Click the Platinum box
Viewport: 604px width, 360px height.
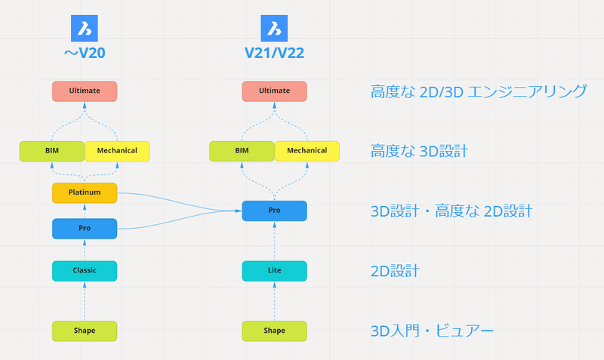pos(85,193)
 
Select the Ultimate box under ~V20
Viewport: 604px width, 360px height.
pos(85,91)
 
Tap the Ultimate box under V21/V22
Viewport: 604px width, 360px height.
pos(274,91)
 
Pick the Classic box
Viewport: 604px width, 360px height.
pos(85,271)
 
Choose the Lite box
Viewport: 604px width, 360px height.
pos(274,271)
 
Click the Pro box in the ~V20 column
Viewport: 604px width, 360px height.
pos(85,229)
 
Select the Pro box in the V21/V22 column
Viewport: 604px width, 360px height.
pos(274,211)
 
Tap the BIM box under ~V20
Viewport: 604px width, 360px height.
pos(52,151)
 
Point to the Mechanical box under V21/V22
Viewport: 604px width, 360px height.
pos(307,151)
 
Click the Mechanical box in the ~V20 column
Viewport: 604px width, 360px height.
pos(117,151)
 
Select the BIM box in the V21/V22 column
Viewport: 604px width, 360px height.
pos(242,151)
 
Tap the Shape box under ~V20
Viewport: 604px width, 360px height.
pos(85,331)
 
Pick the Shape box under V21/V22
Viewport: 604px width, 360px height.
pos(274,331)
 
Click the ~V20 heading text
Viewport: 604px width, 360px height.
pos(85,53)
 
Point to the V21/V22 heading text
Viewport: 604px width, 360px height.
pos(274,53)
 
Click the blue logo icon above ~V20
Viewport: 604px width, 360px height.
pos(85,28)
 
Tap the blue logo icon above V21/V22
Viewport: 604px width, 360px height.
pos(274,28)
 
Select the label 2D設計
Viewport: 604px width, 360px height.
pos(395,271)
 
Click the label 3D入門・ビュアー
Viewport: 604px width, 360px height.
pos(432,331)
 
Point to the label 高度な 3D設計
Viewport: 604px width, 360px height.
pos(420,151)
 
